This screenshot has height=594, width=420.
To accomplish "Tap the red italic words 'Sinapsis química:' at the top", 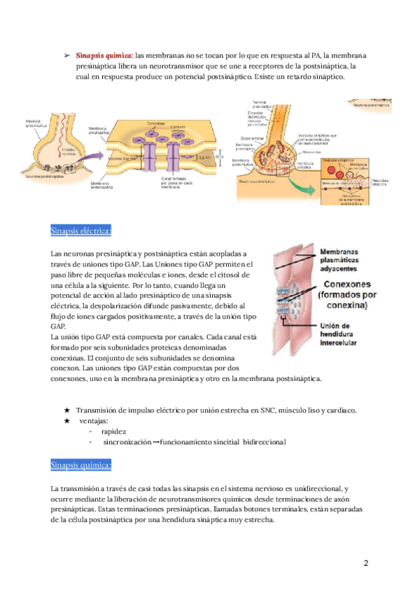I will coord(104,55).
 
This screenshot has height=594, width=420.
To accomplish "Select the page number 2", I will coord(366,562).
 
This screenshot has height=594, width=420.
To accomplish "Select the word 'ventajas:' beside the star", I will coord(94,421).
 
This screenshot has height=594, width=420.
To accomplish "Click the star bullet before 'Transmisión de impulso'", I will coord(66,410).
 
